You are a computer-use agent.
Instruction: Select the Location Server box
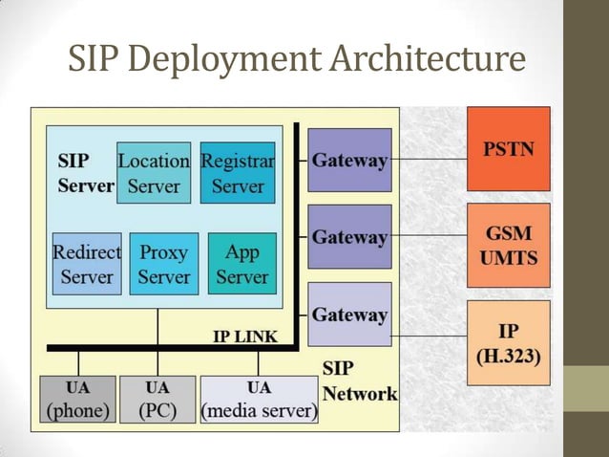click(x=154, y=173)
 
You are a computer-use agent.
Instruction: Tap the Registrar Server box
click(x=238, y=173)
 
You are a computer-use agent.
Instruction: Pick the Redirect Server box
click(x=87, y=264)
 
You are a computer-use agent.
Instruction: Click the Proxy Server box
click(x=164, y=264)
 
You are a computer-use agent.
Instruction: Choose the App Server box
click(x=241, y=264)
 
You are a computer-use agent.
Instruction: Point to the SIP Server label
click(x=84, y=173)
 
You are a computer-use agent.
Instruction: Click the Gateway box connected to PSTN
click(x=350, y=160)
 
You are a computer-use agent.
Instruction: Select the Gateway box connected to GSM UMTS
click(x=350, y=236)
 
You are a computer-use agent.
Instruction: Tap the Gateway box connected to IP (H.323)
click(x=350, y=314)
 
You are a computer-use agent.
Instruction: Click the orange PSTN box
click(x=508, y=149)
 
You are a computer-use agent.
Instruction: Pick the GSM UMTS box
click(x=508, y=245)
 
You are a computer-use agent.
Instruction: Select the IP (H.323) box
click(x=508, y=342)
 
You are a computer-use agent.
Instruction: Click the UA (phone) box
click(x=78, y=400)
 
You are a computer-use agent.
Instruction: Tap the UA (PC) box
click(x=157, y=400)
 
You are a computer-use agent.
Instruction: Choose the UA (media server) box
click(x=259, y=400)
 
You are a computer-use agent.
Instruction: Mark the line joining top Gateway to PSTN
click(x=429, y=158)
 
